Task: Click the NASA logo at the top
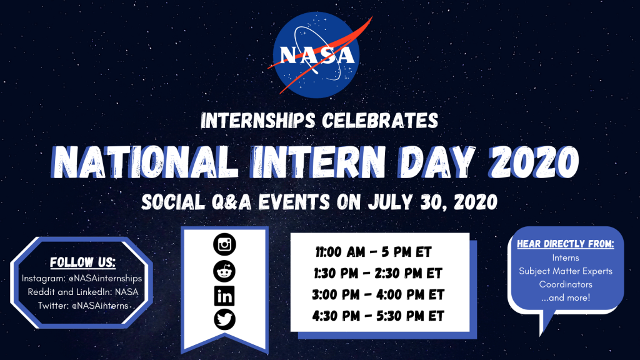[317, 55]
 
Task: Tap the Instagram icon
[224, 244]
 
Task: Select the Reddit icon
[224, 271]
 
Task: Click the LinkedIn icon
[224, 296]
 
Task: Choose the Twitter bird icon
[224, 319]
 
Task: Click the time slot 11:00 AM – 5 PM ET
[374, 252]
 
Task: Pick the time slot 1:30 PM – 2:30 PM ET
[378, 274]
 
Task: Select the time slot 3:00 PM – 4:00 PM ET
[378, 295]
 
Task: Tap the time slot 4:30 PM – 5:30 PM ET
[378, 316]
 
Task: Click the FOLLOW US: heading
[83, 262]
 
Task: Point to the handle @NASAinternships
[105, 278]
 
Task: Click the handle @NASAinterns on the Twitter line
[100, 306]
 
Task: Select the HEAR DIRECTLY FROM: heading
[566, 244]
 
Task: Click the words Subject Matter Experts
[566, 271]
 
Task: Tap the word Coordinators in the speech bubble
[566, 284]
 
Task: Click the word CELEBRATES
[380, 121]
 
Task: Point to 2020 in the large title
[534, 161]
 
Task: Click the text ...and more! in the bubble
[566, 298]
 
